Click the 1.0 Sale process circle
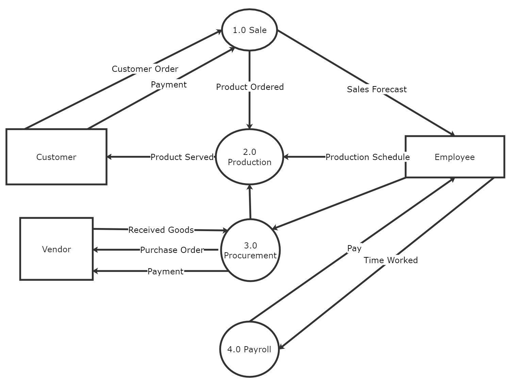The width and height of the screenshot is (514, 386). pos(249,30)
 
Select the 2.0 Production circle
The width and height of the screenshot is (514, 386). pos(249,157)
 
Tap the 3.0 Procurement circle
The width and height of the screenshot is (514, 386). pos(250,250)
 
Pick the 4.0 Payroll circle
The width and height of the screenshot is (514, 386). pos(249,349)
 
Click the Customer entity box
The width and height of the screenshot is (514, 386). pos(56,157)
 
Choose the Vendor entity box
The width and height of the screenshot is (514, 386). pos(56,249)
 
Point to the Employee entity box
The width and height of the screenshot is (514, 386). pos(454,157)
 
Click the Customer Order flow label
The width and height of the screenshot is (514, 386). pos(145,69)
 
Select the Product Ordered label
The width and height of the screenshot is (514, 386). pos(250,87)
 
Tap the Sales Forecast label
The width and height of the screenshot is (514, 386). pos(377,89)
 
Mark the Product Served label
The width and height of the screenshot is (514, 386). pos(182,157)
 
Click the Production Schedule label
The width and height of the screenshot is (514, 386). pos(367,157)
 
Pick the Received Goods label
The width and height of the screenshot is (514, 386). pos(161,230)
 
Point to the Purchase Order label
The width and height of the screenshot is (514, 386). pos(172,250)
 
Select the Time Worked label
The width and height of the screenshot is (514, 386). pos(391,260)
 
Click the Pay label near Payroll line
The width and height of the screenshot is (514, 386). pos(354,248)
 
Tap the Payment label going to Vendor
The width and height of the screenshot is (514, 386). pos(165,271)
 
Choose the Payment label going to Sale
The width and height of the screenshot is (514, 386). pos(169,84)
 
